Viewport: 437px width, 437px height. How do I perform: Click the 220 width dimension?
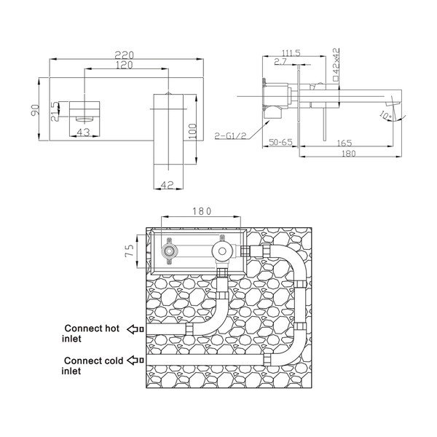click(125, 55)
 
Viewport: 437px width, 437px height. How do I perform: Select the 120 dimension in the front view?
click(125, 65)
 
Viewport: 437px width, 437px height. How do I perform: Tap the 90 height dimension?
click(36, 109)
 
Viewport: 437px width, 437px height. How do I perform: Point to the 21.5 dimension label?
click(55, 111)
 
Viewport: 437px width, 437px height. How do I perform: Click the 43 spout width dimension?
click(83, 132)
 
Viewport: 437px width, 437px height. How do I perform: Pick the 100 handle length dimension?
click(192, 131)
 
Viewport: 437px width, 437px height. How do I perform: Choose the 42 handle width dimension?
click(168, 184)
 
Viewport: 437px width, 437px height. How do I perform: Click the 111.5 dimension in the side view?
click(291, 52)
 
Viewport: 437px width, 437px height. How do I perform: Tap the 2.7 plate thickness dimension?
click(280, 61)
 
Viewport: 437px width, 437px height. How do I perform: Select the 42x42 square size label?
click(336, 64)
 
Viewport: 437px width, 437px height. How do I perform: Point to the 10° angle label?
click(385, 114)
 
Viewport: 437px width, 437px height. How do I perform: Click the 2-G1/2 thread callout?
click(230, 135)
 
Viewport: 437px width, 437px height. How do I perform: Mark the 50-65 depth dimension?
click(280, 142)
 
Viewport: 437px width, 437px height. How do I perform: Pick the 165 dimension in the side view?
click(345, 143)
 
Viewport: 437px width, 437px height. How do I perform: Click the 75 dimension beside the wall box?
click(130, 251)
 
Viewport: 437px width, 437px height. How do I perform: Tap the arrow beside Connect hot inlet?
click(135, 329)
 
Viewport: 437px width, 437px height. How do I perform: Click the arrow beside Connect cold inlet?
click(135, 360)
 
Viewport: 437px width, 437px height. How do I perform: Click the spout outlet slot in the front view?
click(84, 119)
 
